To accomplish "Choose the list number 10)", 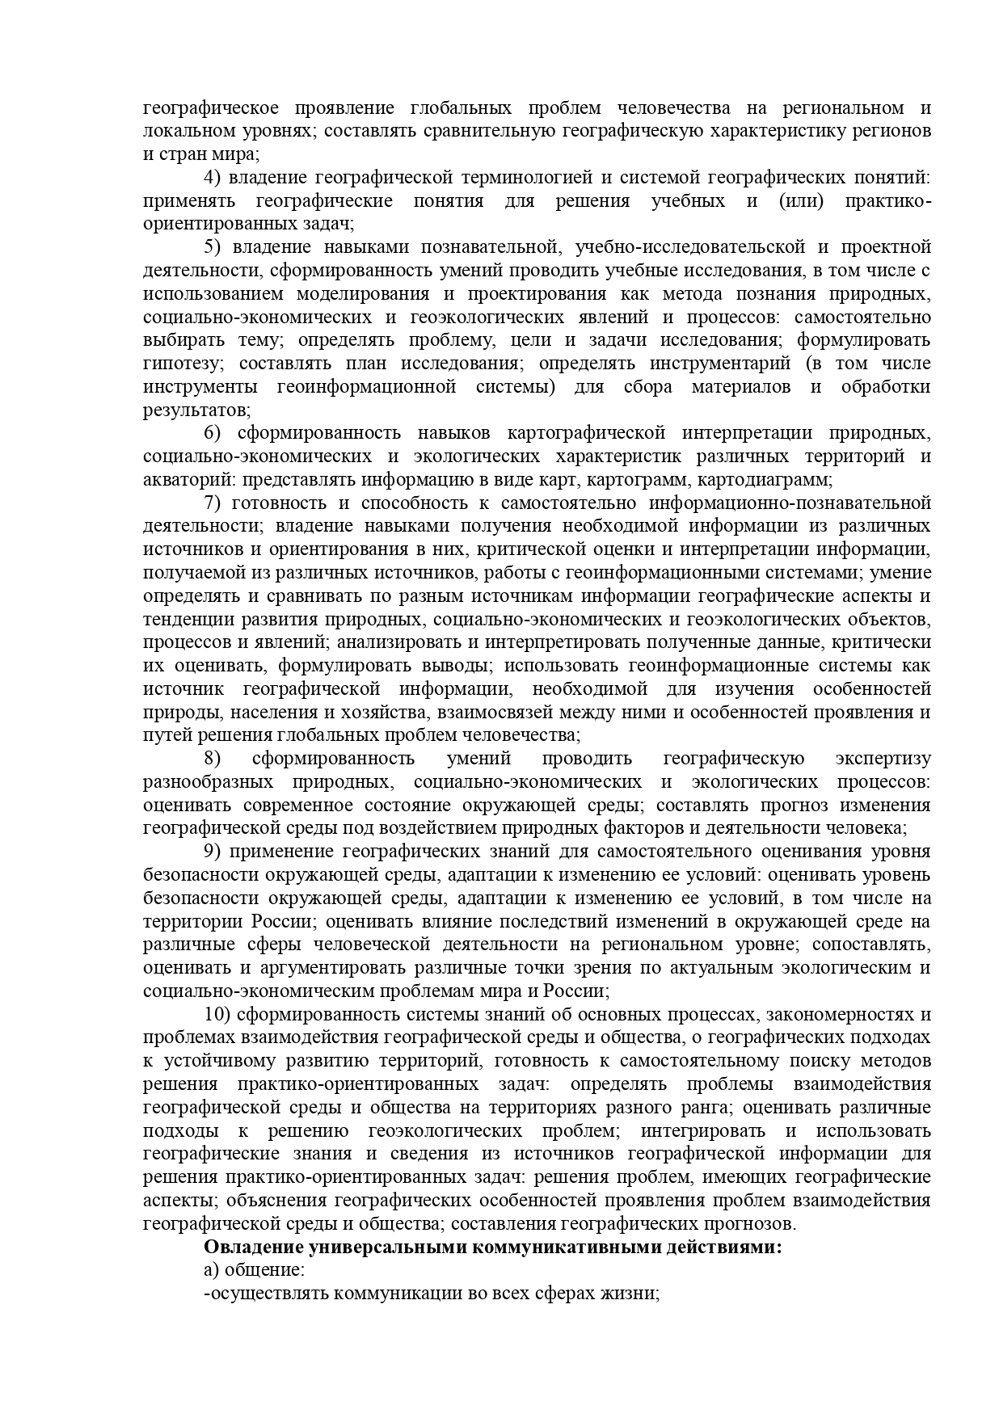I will pyautogui.click(x=218, y=1015).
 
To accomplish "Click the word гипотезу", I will pyautogui.click(x=182, y=364).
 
